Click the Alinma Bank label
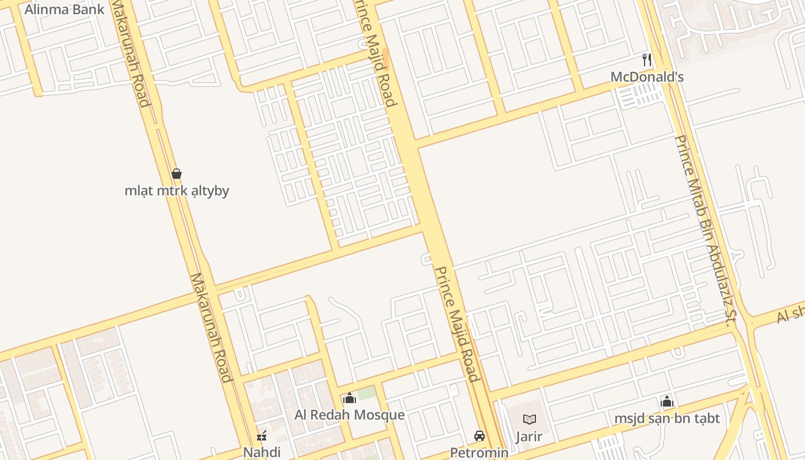coord(64,9)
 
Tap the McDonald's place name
coord(647,76)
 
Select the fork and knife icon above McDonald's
coord(647,59)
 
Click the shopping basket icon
coord(177,173)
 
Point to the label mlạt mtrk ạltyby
coord(177,190)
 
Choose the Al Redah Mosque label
coord(350,415)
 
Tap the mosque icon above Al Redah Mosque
coord(350,398)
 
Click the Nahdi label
coord(262,452)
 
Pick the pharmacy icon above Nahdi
coord(262,435)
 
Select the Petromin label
coord(479,453)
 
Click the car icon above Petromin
coord(479,436)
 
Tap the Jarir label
coord(528,436)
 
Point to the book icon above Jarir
coord(529,420)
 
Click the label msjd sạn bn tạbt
coord(667,418)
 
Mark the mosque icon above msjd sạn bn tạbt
coord(667,401)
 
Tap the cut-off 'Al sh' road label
coord(790,314)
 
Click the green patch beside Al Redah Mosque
coord(367,393)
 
